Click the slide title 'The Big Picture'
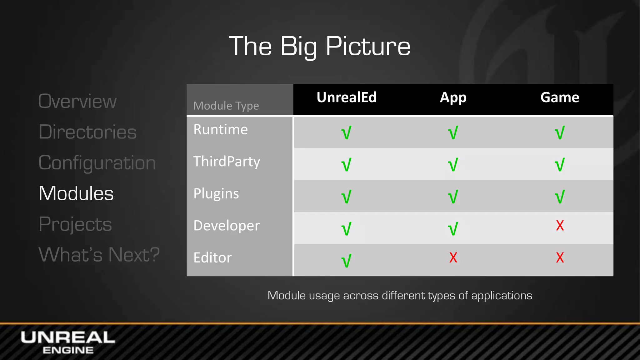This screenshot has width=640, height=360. pos(319,46)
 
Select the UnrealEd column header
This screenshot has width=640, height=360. pos(347,97)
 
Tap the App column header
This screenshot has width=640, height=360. pos(453,97)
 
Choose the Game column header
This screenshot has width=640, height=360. pos(560,97)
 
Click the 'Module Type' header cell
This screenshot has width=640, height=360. pos(226,106)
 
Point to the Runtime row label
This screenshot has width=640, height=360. pos(221,130)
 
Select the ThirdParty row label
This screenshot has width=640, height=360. pos(227,162)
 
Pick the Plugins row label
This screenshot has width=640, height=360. pos(216,194)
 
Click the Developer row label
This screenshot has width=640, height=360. pos(227,226)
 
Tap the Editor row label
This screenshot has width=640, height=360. pos(212,258)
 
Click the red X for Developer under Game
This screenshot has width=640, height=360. pos(560,226)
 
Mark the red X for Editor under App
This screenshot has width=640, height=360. pos(453,258)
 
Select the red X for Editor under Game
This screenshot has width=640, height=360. pos(560,258)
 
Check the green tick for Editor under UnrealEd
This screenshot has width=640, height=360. pos(347,260)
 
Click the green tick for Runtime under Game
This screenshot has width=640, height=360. pos(560,132)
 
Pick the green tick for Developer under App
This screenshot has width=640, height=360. pos(453,228)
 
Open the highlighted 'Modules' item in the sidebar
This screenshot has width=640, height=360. pos(76,193)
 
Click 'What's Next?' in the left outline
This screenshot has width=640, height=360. pos(99,254)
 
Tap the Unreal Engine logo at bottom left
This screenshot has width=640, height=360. pos(68,342)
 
